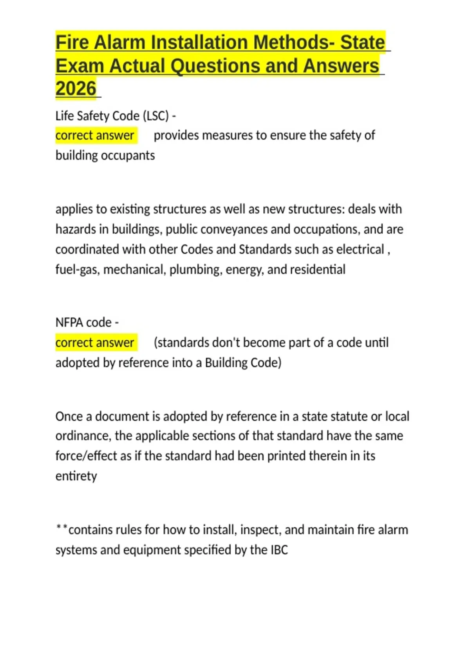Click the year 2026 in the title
click(x=76, y=88)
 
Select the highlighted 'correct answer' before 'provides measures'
click(x=95, y=135)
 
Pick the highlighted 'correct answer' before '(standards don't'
click(x=95, y=343)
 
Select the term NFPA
click(x=69, y=322)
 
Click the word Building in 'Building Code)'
click(x=226, y=363)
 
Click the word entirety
click(x=76, y=476)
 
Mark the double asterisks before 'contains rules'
click(x=61, y=529)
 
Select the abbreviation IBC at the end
click(x=279, y=550)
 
